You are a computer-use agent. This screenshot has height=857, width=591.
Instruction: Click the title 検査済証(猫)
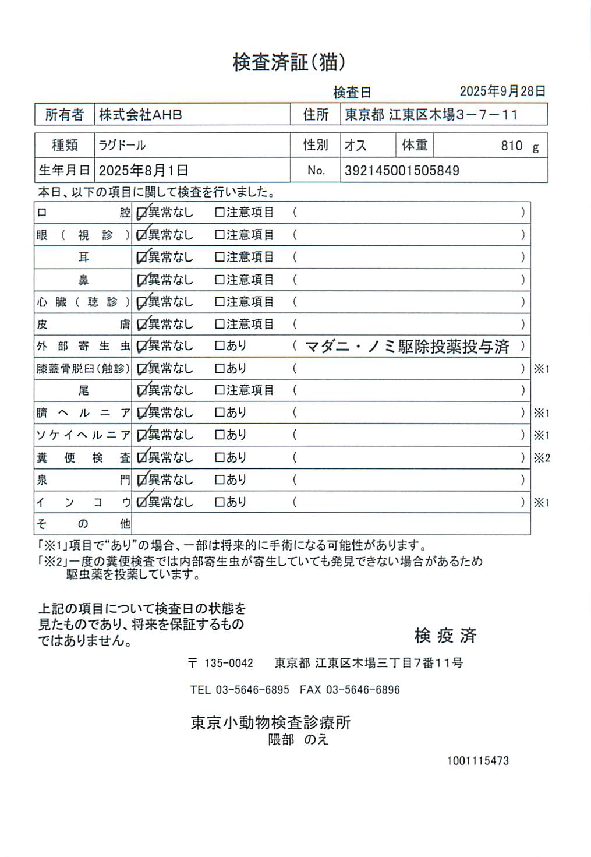[x=289, y=62]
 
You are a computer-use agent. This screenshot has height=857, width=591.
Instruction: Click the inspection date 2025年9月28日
[x=502, y=91]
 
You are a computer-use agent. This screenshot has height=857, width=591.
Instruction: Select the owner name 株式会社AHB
[x=140, y=115]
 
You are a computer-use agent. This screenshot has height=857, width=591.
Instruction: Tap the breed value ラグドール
[x=122, y=145]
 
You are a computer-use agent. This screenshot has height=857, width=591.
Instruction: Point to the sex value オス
[x=355, y=145]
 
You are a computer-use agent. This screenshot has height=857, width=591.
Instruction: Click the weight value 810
[x=512, y=146]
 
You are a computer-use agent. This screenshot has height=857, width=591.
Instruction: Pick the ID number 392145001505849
[x=402, y=171]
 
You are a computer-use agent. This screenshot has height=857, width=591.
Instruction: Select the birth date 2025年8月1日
[x=143, y=171]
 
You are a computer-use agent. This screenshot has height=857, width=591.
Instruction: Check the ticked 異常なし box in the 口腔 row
[x=141, y=213]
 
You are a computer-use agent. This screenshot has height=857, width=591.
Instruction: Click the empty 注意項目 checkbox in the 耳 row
[x=220, y=257]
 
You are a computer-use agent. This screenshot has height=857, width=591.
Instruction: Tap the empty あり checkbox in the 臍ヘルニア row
[x=220, y=412]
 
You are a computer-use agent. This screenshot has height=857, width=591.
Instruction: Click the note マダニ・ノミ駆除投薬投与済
[x=407, y=347]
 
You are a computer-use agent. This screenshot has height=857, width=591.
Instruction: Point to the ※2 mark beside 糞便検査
[x=542, y=458]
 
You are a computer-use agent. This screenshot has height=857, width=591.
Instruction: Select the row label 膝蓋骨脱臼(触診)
[x=83, y=369]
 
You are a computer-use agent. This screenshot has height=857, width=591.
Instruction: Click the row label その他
[x=83, y=524]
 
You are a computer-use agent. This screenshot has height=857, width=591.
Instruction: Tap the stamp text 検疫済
[x=445, y=636]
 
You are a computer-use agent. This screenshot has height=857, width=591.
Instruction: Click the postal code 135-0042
[x=228, y=663]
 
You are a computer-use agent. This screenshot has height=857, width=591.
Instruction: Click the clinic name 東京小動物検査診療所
[x=271, y=723]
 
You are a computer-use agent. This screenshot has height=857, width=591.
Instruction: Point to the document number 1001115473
[x=477, y=761]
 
